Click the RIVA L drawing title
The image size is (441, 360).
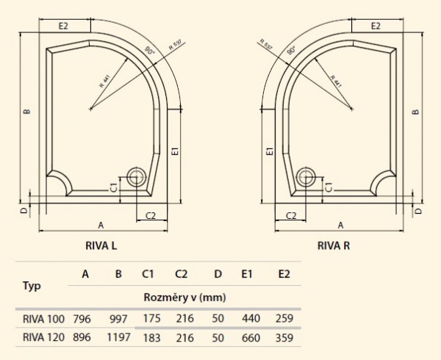click(x=101, y=245)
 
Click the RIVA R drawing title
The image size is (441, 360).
click(x=334, y=245)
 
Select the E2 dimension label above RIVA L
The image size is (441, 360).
click(x=63, y=26)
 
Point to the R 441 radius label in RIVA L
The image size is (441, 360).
click(x=105, y=82)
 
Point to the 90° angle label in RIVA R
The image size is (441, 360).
click(x=292, y=50)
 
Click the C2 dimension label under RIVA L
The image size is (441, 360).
click(x=151, y=215)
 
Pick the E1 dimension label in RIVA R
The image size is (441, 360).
click(x=270, y=151)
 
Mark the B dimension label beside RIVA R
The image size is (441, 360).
click(x=415, y=112)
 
